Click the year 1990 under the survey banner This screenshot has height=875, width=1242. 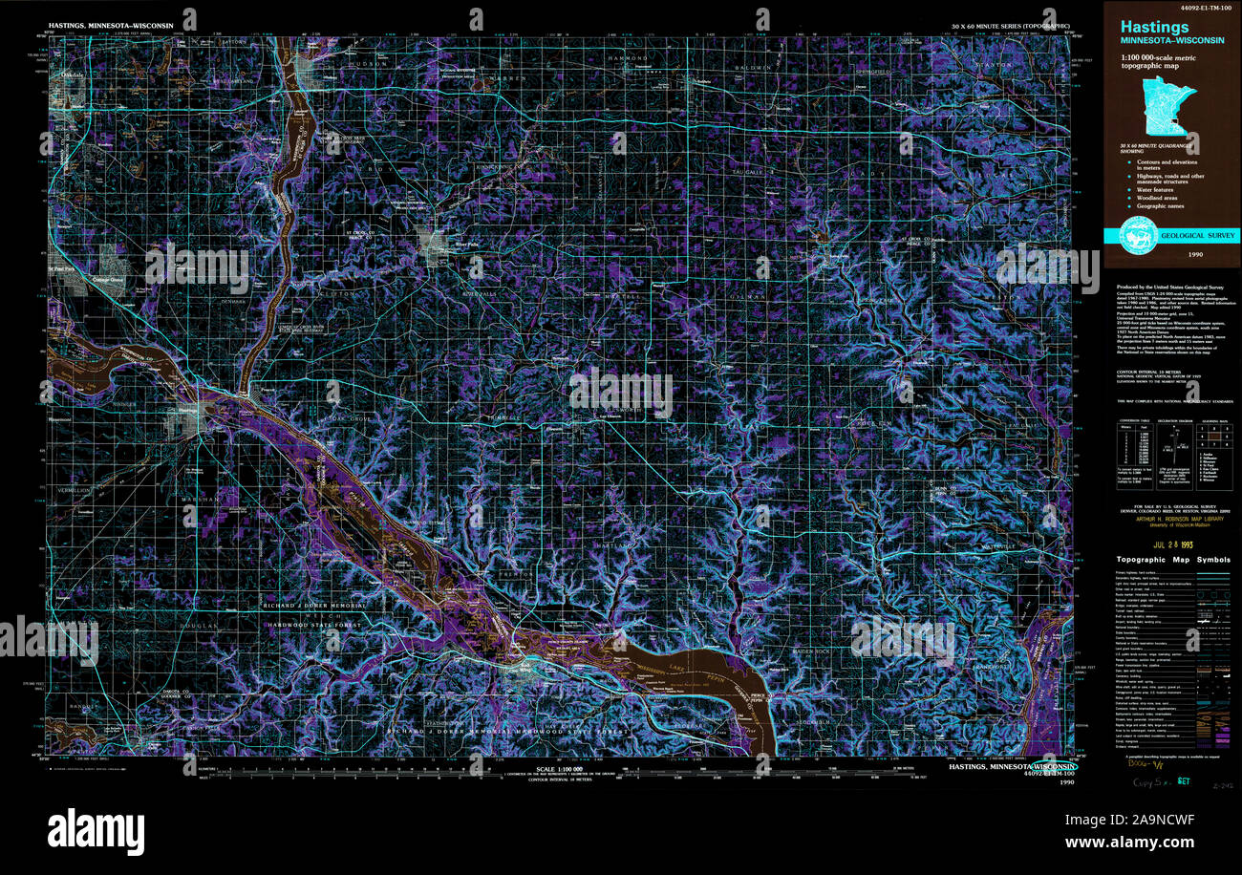(1195, 256)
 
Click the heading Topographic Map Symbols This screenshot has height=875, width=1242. (1173, 560)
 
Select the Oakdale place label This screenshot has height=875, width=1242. (72, 73)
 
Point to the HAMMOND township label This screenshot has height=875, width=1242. (629, 58)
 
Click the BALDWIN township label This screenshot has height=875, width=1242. (751, 68)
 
